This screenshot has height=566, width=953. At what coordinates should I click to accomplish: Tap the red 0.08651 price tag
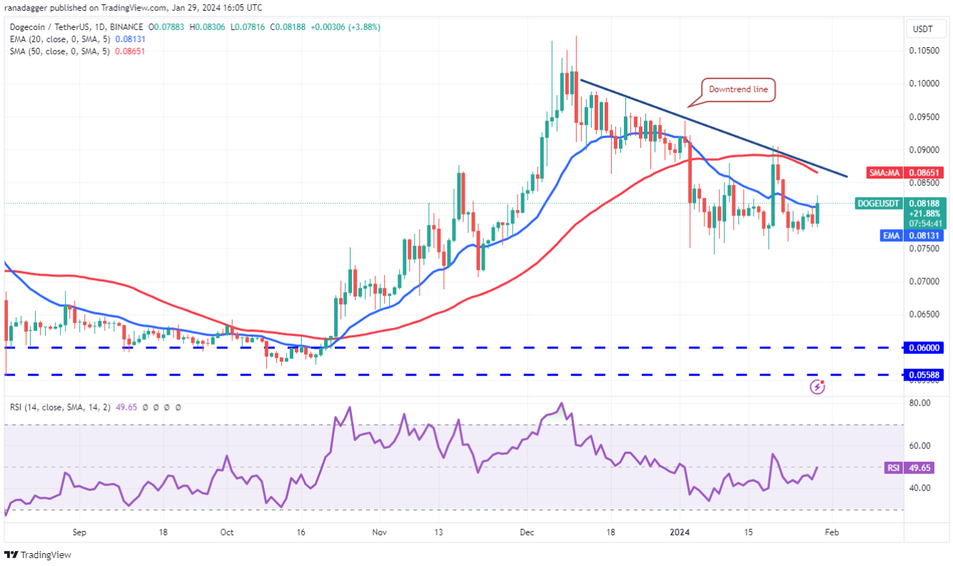point(924,172)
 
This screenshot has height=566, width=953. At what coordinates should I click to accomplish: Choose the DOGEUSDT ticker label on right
point(878,203)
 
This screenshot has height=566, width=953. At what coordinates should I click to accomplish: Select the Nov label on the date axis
point(380,532)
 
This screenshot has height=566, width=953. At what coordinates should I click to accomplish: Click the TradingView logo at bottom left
point(39,555)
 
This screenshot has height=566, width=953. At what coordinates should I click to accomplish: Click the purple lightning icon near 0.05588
point(818,387)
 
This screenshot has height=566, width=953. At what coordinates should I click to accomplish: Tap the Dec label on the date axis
point(528,532)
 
